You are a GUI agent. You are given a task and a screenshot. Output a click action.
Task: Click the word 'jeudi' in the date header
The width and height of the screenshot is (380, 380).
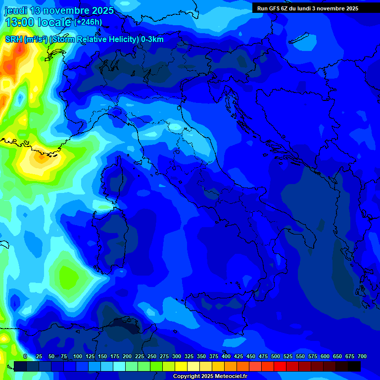[x=16, y=10]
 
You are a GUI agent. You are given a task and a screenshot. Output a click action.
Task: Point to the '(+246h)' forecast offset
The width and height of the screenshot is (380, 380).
[x=88, y=22]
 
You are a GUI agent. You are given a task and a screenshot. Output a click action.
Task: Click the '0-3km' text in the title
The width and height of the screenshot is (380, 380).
[x=152, y=40]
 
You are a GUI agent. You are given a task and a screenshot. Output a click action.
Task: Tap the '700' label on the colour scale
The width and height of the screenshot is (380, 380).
[x=362, y=356]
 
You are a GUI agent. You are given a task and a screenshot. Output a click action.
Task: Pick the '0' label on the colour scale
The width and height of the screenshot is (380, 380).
[x=25, y=356]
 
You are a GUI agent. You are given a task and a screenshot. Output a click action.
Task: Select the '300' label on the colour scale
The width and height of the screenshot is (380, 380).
[x=176, y=356]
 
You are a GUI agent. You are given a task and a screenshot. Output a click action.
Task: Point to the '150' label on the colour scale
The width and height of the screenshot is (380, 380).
[x=102, y=356]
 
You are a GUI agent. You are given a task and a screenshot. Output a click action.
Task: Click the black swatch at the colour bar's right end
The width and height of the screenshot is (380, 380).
[x=354, y=366]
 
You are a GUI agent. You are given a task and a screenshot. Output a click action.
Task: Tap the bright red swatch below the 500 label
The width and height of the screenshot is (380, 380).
[x=280, y=366]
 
